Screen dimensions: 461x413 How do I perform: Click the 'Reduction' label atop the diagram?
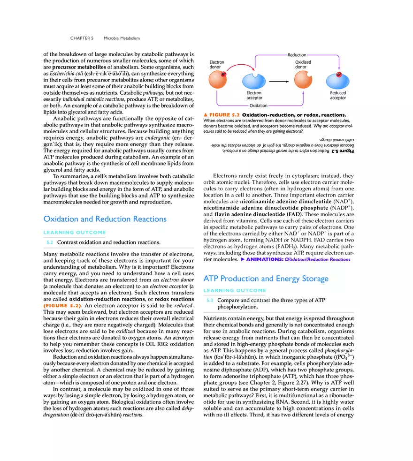(x=297, y=55)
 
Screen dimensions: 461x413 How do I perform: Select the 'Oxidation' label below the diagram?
(x=258, y=106)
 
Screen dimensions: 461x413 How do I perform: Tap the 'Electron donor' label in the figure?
(x=217, y=65)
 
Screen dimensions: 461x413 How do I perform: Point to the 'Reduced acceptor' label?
(x=338, y=95)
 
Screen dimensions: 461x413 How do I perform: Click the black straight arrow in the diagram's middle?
(x=279, y=81)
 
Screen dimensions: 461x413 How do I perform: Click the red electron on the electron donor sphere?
(x=223, y=74)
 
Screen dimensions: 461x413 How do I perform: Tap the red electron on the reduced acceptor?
(x=339, y=75)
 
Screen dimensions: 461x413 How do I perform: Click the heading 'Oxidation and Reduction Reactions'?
(x=105, y=219)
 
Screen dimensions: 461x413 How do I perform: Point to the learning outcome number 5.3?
(x=209, y=300)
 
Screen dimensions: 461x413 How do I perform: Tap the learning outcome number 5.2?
(x=49, y=242)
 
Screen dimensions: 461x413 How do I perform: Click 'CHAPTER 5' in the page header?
(x=82, y=38)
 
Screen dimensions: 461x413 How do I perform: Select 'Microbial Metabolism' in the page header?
(x=122, y=38)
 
